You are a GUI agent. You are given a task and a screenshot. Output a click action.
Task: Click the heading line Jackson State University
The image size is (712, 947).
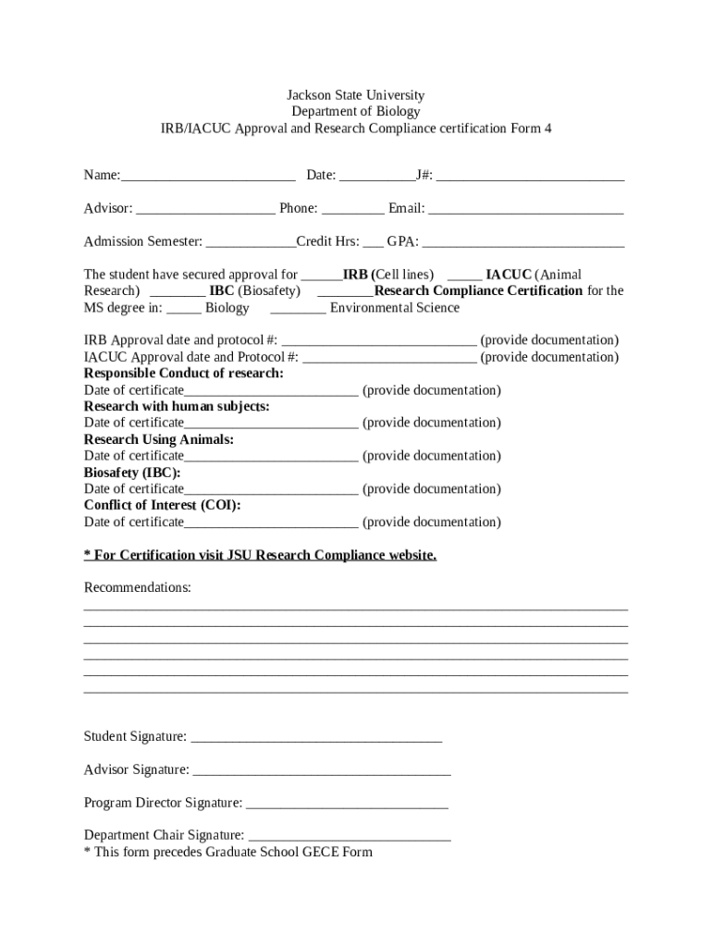coord(355,95)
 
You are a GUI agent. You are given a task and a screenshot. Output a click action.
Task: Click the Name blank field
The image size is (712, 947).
coord(208,176)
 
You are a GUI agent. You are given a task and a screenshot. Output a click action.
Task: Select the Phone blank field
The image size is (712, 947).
coord(353,209)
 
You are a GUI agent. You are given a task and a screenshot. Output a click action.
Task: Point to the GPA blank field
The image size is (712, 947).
coord(523,242)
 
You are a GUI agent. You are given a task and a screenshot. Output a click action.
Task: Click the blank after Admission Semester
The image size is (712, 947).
coord(251,242)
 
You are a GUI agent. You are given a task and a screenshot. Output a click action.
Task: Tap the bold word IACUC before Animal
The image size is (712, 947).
coord(509,275)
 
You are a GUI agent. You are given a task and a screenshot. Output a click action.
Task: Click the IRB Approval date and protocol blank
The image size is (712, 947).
coord(379,340)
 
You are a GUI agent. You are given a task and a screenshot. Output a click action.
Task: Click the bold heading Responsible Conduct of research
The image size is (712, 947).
coord(184,374)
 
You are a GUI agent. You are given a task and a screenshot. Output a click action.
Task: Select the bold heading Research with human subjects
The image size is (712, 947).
coord(177,406)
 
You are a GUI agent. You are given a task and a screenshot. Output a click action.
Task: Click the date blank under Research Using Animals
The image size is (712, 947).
coord(271,456)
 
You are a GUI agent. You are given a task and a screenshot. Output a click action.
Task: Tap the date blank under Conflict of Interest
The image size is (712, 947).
coord(271,523)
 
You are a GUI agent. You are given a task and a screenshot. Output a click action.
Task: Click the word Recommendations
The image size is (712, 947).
coord(138,588)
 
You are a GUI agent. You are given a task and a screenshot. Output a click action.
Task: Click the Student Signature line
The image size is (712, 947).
coord(316,737)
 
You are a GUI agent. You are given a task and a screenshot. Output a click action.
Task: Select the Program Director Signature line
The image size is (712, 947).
coord(348,803)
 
